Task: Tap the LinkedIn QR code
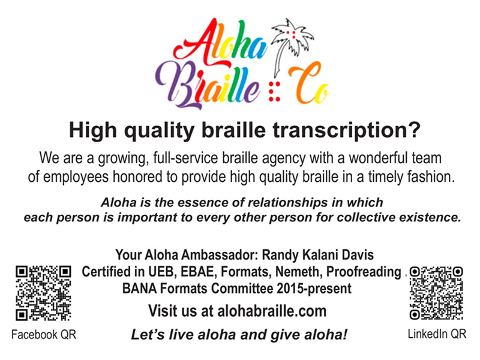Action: pyautogui.click(x=437, y=293)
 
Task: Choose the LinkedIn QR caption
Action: pyautogui.click(x=437, y=334)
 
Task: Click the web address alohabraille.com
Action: pyautogui.click(x=270, y=311)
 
